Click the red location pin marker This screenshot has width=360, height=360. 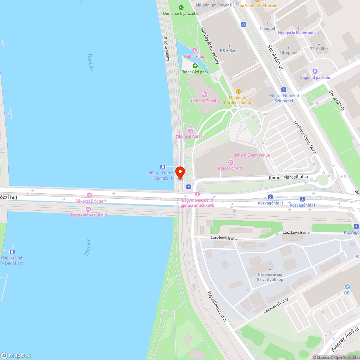click(x=180, y=172)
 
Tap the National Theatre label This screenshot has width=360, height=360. click(x=205, y=101)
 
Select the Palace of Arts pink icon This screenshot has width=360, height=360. click(x=231, y=162)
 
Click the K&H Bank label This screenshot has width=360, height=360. click(x=229, y=51)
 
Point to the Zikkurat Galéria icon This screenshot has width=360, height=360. click(x=190, y=131)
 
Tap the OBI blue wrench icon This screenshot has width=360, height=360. click(x=347, y=287)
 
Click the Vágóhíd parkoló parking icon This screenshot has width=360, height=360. click(x=315, y=71)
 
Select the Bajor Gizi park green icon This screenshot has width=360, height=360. click(x=195, y=66)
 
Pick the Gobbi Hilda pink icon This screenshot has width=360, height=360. click(x=195, y=50)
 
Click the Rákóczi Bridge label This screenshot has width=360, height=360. click(x=89, y=201)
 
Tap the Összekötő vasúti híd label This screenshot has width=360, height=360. click(x=88, y=215)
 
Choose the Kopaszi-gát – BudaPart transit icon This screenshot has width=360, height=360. click(x=12, y=252)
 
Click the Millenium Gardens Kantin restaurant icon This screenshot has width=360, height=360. click(x=238, y=91)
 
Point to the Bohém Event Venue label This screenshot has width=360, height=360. click(x=252, y=155)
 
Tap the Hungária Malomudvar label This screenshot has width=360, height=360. click(x=298, y=33)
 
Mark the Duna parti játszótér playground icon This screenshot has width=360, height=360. click(x=181, y=7)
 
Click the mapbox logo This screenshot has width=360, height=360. click(x=16, y=355)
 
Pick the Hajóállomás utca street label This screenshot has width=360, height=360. click(x=216, y=306)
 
